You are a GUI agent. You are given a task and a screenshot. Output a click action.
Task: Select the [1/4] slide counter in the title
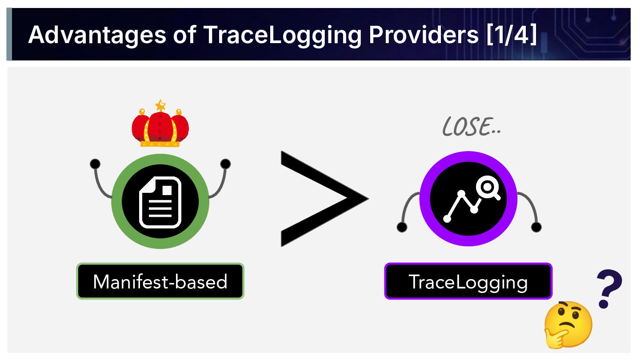[x=512, y=35]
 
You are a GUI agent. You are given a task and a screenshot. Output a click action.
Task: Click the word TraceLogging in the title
[x=283, y=35]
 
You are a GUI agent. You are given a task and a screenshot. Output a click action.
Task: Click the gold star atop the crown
[x=160, y=106]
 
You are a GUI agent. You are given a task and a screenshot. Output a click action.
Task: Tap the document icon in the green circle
[x=160, y=202]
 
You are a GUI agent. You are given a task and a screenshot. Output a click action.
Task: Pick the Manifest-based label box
[x=160, y=281]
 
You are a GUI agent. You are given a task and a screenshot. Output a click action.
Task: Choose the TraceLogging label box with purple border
[x=468, y=281]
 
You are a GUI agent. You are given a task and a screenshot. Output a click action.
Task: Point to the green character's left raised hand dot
[x=95, y=164]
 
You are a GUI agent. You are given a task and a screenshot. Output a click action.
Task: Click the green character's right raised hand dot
[x=225, y=164]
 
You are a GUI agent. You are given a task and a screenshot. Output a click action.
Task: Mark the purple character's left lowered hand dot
[x=402, y=227]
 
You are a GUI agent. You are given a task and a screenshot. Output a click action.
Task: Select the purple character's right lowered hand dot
[x=536, y=227]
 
